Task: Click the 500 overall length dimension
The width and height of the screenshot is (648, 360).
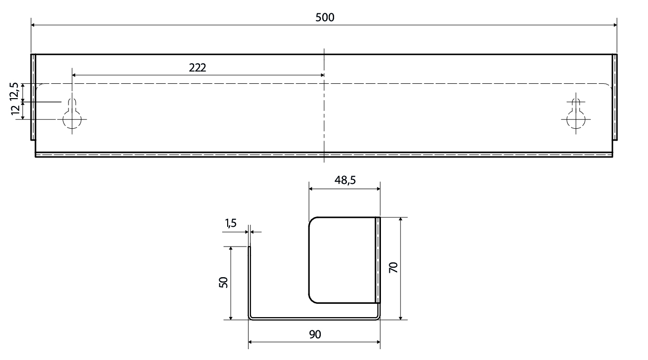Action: (325, 17)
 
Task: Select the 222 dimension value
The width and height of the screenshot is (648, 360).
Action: (197, 68)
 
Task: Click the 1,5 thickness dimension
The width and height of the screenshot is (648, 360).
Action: (231, 223)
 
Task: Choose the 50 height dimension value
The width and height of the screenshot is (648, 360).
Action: (223, 282)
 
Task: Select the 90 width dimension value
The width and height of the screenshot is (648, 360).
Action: (315, 334)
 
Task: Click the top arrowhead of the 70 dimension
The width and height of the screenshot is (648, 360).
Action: (401, 220)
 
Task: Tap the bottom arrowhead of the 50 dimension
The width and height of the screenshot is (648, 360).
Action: (231, 317)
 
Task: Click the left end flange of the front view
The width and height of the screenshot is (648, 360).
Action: (34, 97)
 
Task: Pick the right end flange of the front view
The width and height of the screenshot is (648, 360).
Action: (614, 97)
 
